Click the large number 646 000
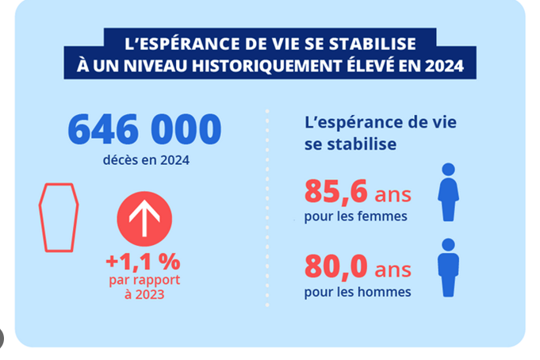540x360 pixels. tap(144, 129)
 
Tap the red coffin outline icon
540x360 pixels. tap(59, 217)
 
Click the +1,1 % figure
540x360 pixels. tap(144, 261)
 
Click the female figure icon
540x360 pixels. tap(449, 193)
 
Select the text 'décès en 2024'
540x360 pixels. tap(146, 160)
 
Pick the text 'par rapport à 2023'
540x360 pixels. tap(144, 287)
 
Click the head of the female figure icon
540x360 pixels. tap(449, 170)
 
